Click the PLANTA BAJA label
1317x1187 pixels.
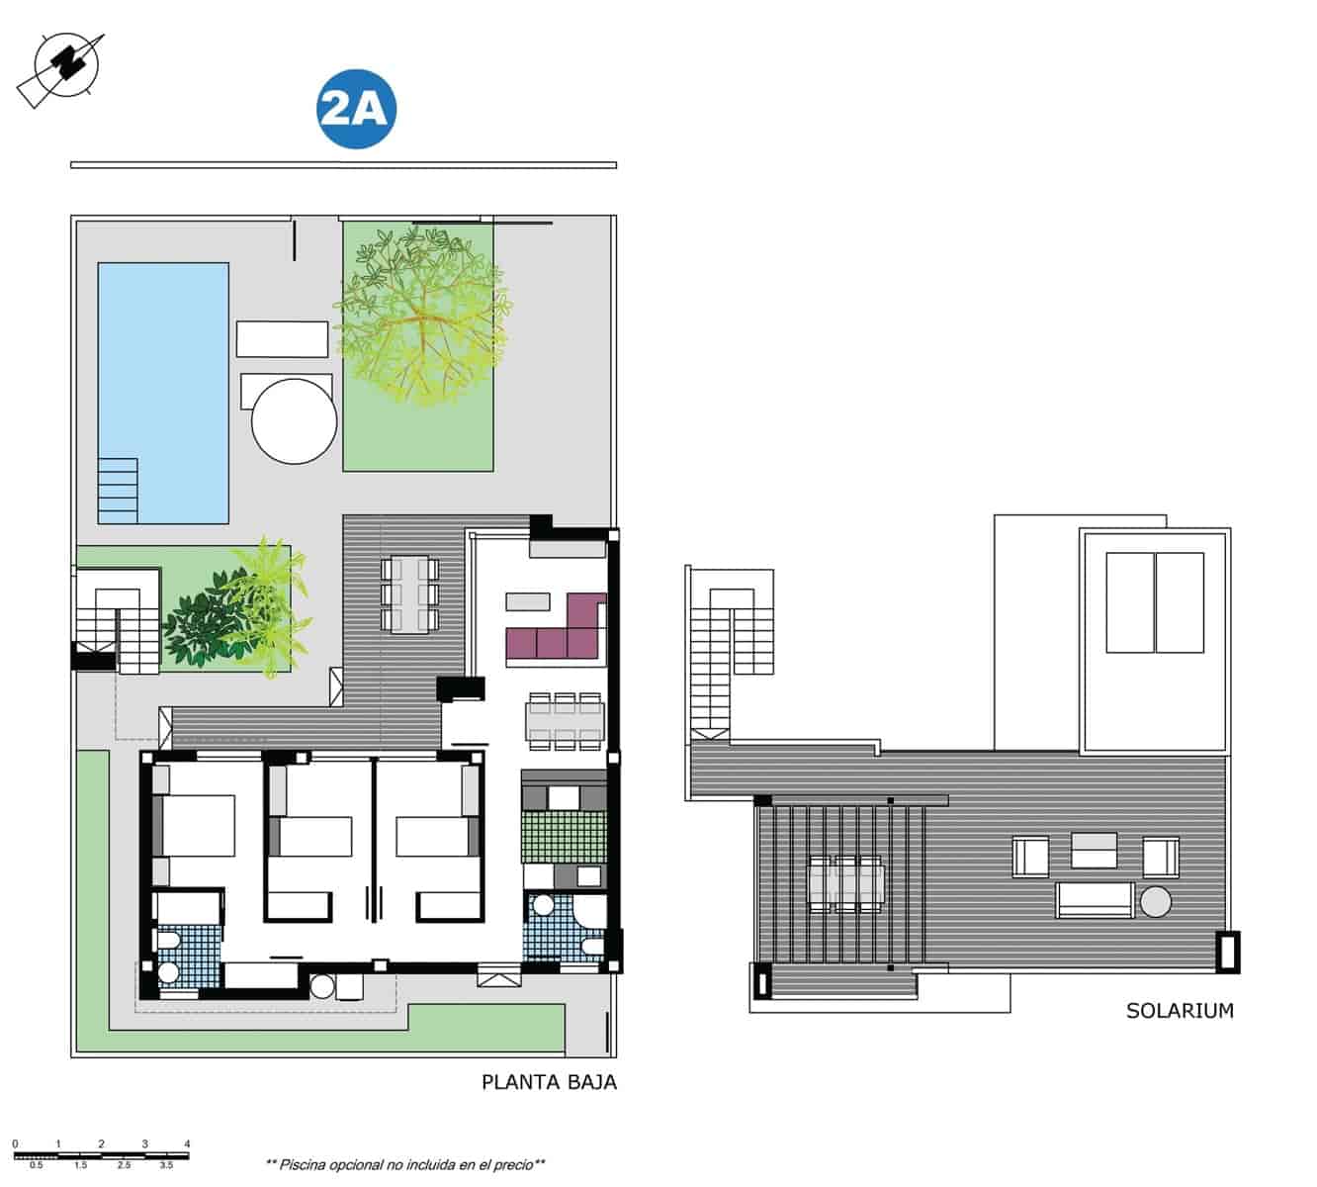[x=549, y=1082]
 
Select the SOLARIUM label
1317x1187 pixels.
[x=1180, y=1011]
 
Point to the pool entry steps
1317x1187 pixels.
[x=118, y=489]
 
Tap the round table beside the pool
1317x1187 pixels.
[x=294, y=420]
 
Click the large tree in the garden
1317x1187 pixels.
[x=423, y=315]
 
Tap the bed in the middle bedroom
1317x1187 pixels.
[x=310, y=836]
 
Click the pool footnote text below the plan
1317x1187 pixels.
[x=405, y=1164]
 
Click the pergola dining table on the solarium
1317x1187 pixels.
[x=845, y=882]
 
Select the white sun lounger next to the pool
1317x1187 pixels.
[x=282, y=338]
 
